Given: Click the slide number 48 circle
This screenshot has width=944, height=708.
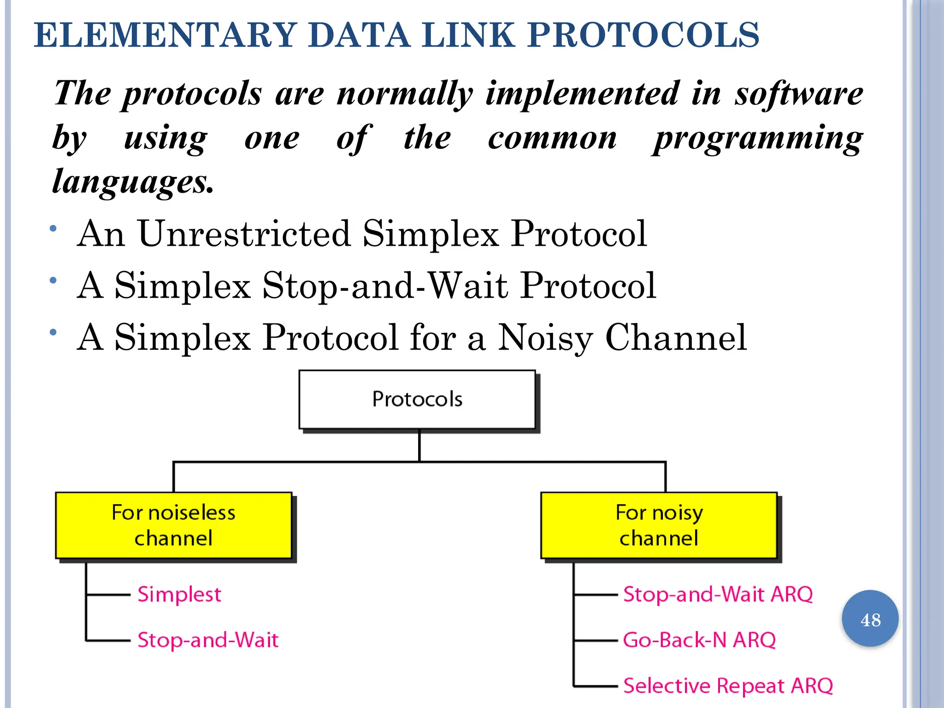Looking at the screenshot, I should [870, 619].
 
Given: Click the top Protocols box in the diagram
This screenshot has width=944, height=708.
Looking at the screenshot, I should [417, 399].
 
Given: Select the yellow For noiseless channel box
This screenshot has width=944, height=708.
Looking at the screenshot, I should [174, 525].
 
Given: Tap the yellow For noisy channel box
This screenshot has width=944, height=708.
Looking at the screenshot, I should [659, 525].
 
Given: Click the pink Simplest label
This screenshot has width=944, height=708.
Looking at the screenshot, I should [179, 595].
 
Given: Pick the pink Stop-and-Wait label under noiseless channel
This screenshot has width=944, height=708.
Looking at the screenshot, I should [208, 640].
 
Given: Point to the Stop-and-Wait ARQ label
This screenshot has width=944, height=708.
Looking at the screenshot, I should [718, 594].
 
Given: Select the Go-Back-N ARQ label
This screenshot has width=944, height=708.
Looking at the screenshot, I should [699, 640].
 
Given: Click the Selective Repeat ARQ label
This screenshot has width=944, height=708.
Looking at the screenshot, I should [728, 686].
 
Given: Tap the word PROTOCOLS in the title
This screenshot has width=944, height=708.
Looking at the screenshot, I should [643, 35].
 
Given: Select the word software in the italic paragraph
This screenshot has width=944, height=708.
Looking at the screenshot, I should [799, 94].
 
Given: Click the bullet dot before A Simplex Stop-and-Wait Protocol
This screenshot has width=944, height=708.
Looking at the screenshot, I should [53, 280].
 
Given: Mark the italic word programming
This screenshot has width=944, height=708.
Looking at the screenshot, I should [757, 138].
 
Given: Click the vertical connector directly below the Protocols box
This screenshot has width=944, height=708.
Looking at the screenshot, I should [419, 445].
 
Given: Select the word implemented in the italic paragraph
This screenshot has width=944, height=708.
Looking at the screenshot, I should [583, 94].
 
